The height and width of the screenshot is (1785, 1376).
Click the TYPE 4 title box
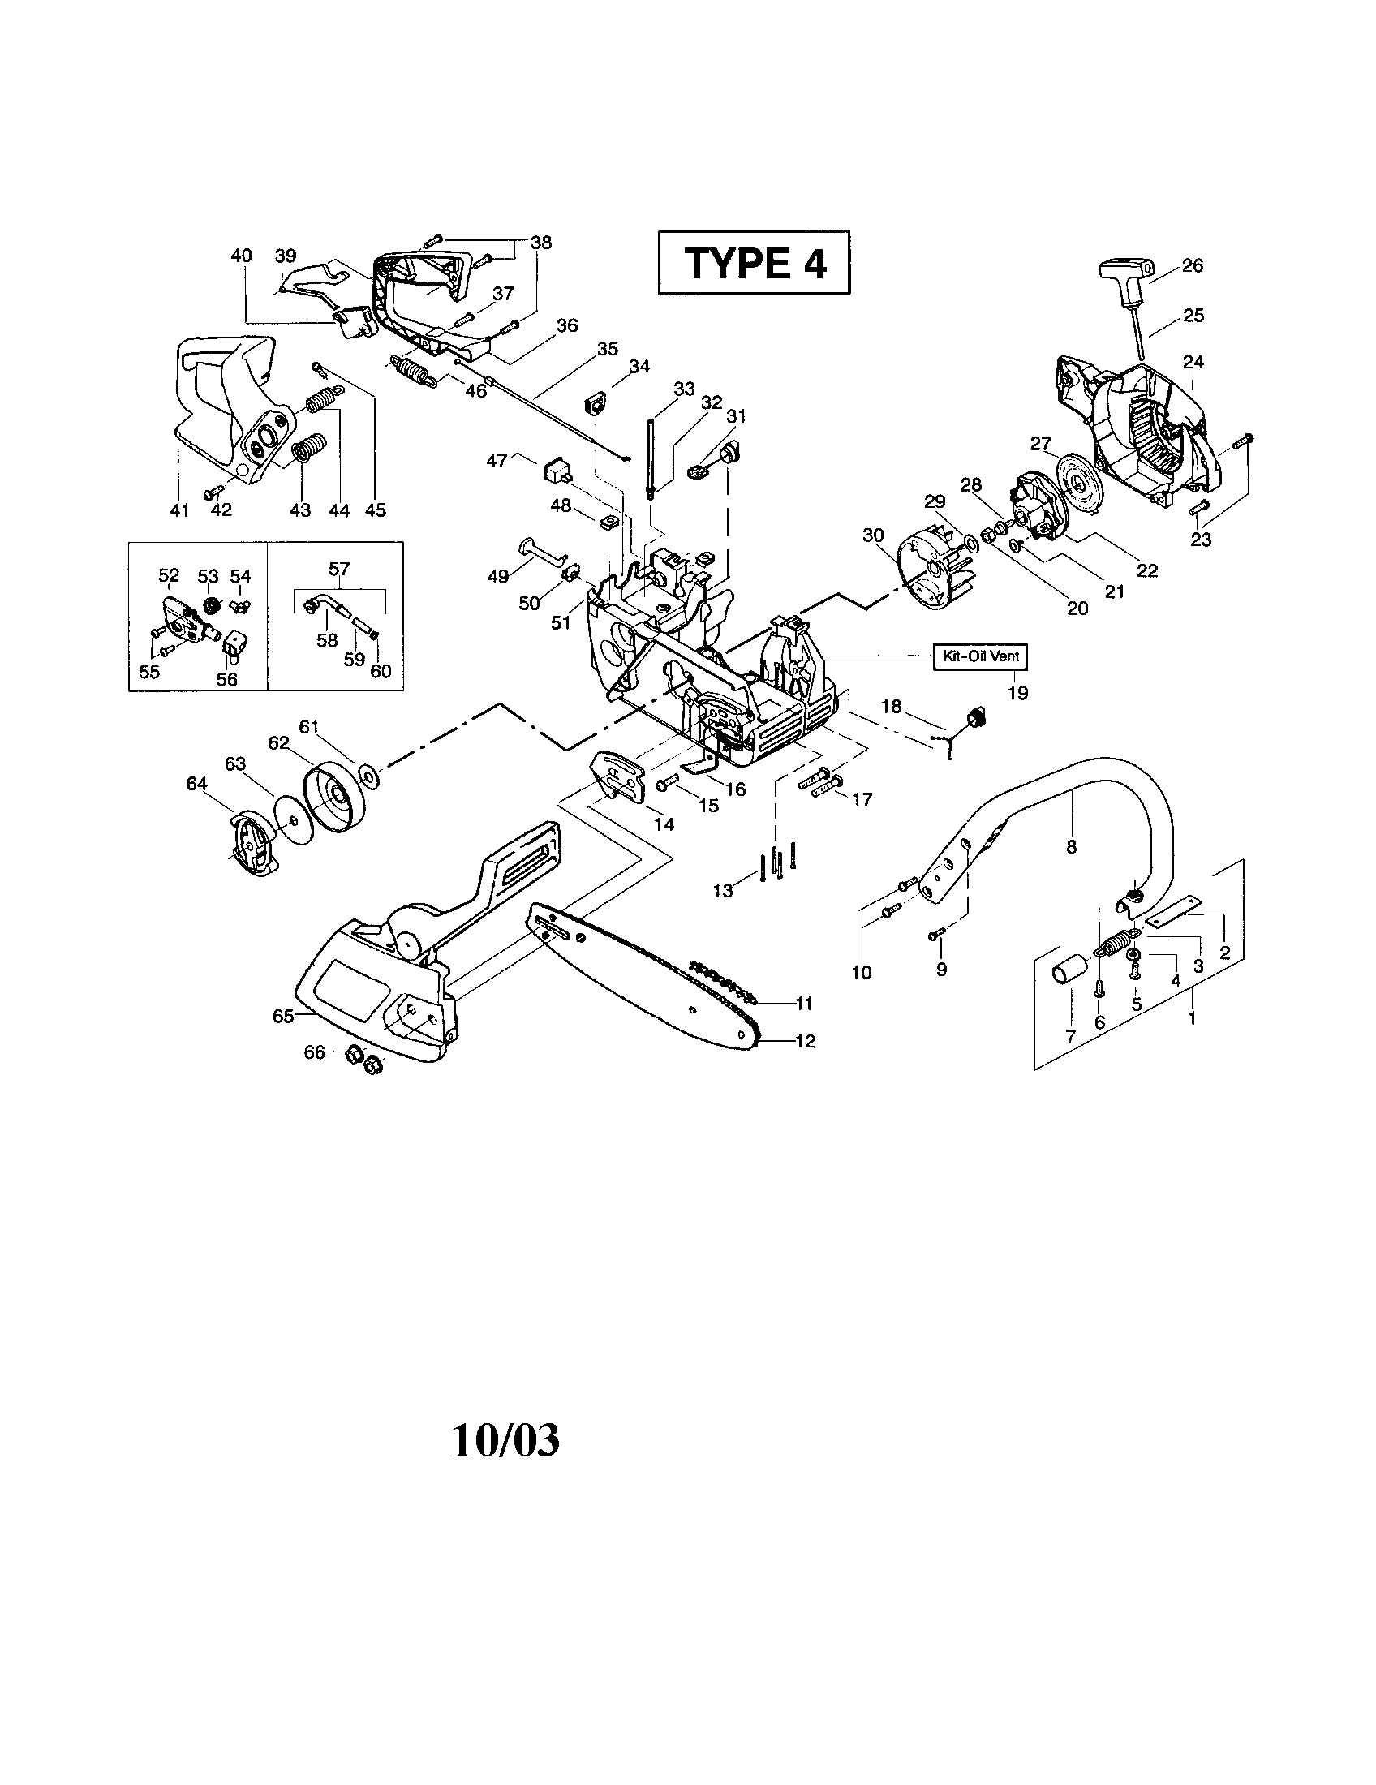coord(754,262)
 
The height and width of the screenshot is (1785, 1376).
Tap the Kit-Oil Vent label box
coord(981,656)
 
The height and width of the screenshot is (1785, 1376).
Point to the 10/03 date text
coord(505,1441)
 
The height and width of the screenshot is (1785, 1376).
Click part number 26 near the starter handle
coord(1192,265)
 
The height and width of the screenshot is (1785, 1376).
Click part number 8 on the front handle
coord(1071,848)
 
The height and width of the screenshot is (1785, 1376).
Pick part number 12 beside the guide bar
coord(805,1041)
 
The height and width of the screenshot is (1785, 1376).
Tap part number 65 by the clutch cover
coord(282,1016)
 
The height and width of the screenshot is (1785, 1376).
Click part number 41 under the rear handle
coord(180,510)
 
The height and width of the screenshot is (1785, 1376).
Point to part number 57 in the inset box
coord(339,569)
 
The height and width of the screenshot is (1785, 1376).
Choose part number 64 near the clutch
coord(197,784)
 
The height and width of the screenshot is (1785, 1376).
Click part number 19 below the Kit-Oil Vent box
coord(1017,693)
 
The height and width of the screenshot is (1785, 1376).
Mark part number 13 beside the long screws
coord(723,890)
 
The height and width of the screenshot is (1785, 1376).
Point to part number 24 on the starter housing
coord(1193,362)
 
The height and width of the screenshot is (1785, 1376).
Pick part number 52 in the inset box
coord(168,576)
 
